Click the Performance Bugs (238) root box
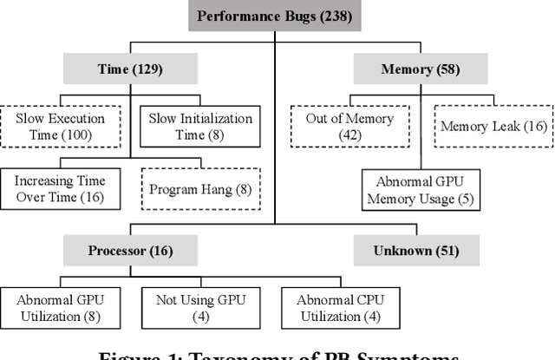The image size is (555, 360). click(275, 16)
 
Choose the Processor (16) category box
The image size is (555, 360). click(130, 252)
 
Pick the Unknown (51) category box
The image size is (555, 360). click(405, 252)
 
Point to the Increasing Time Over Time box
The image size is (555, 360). click(61, 189)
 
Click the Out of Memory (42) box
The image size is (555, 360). click(350, 127)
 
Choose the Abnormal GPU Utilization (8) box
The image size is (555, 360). click(60, 309)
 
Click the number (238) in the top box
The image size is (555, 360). click(335, 16)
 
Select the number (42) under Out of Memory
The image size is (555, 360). click(350, 135)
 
